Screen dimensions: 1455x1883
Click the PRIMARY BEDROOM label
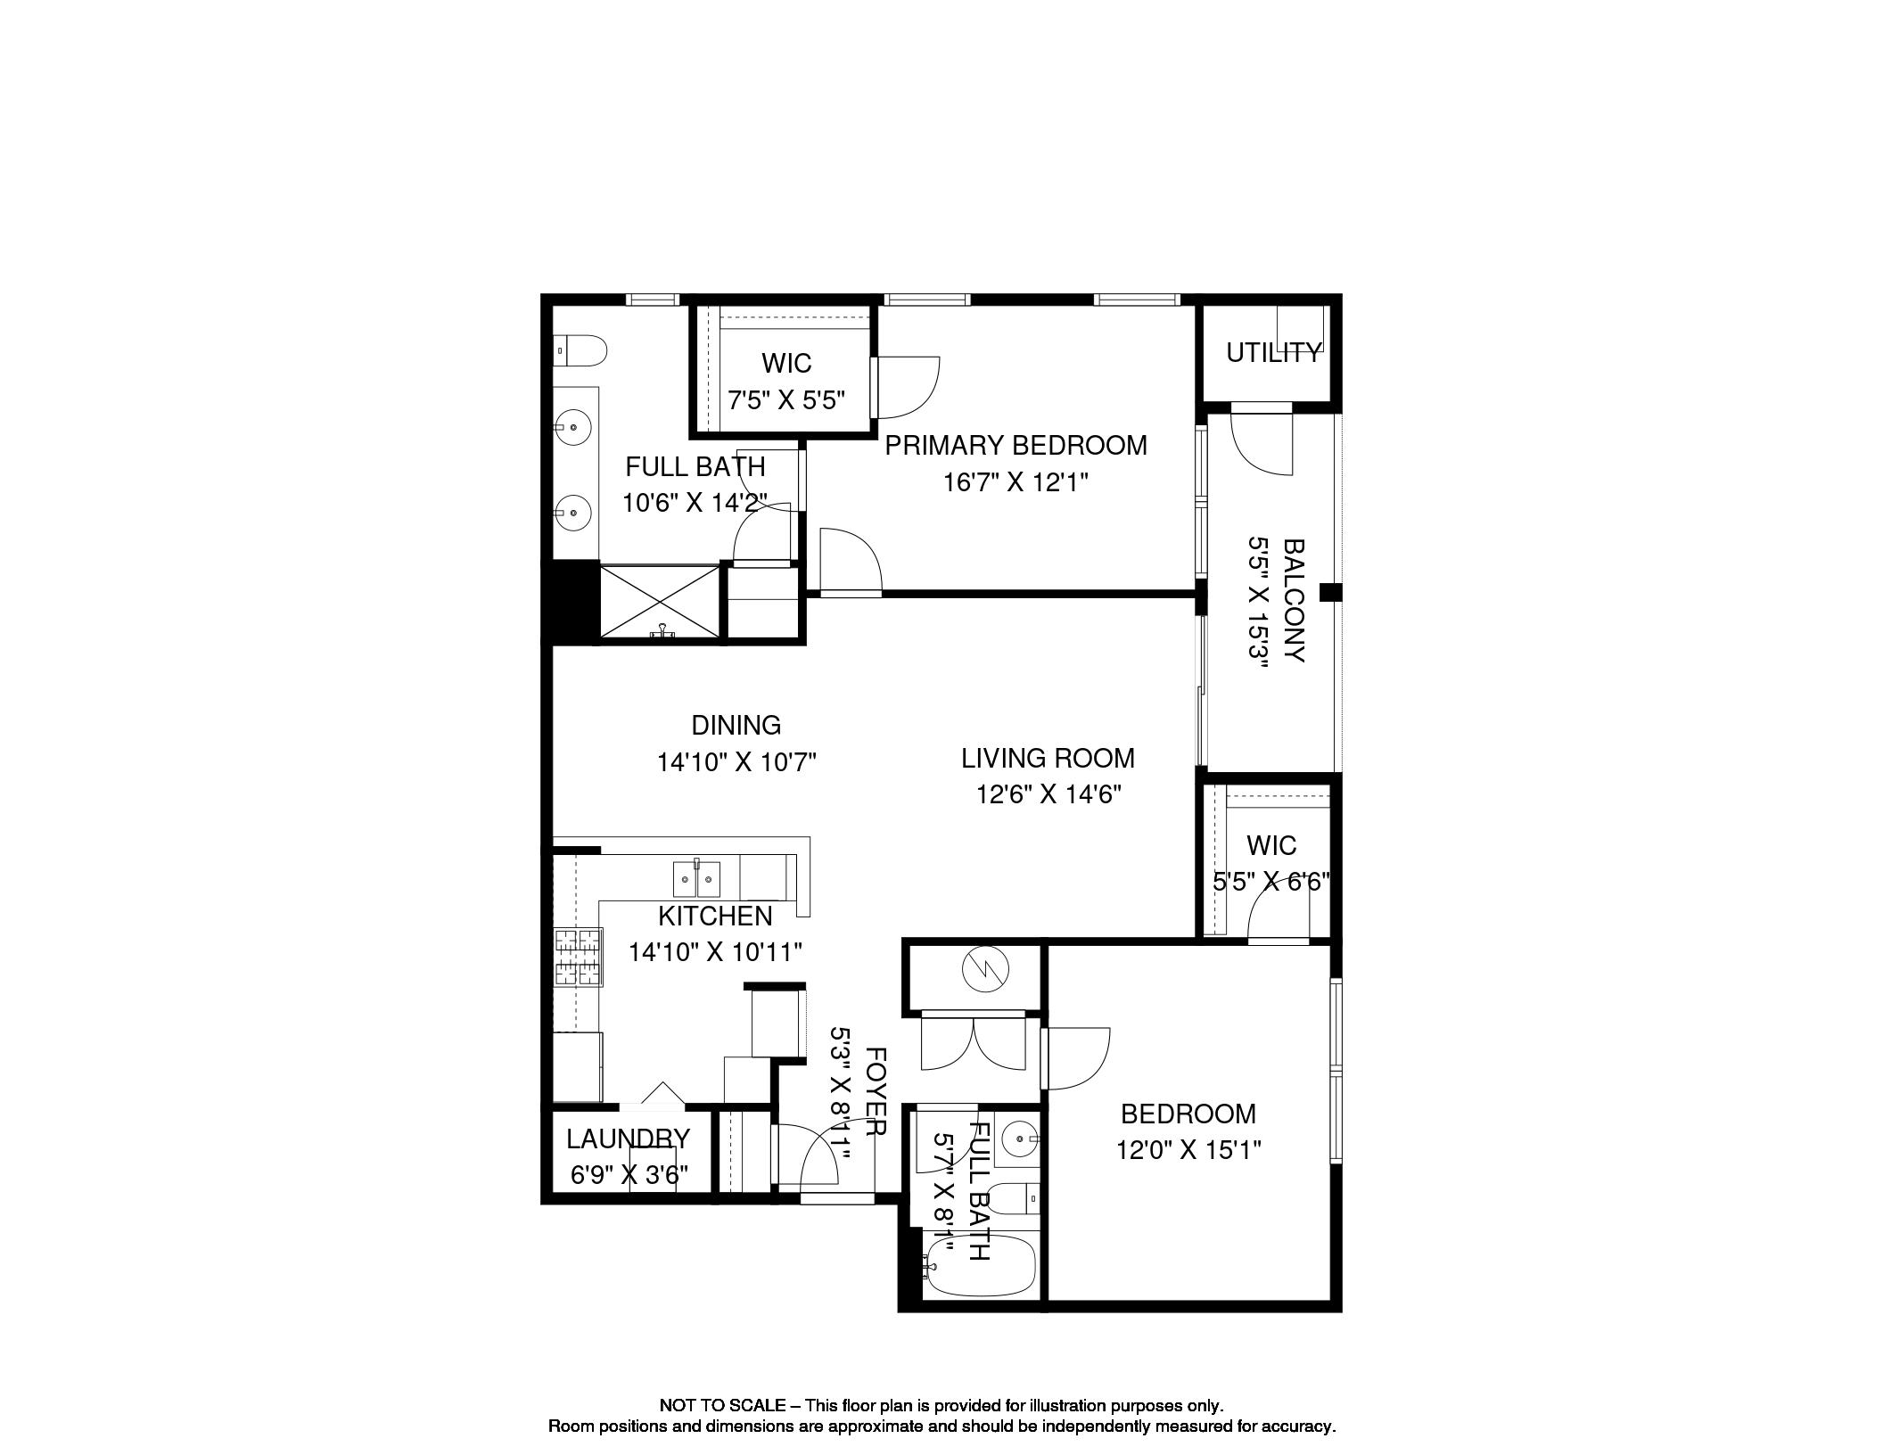[x=1016, y=445]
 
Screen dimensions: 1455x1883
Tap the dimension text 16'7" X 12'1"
[x=1016, y=482]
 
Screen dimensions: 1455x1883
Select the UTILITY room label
[x=1273, y=353]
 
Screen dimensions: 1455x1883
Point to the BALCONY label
[x=1294, y=600]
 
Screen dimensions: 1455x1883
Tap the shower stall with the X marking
[x=659, y=602]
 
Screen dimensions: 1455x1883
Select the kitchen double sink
[x=696, y=879]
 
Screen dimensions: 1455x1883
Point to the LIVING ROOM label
[x=1048, y=758]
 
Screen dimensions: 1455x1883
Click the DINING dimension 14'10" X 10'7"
[x=736, y=762]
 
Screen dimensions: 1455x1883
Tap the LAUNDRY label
[x=628, y=1139]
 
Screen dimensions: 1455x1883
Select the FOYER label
[x=876, y=1091]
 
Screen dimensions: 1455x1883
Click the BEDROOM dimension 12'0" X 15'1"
[x=1188, y=1150]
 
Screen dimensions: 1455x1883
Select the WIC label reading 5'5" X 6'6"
[x=1271, y=845]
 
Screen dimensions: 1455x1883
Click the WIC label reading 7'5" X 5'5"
[x=786, y=363]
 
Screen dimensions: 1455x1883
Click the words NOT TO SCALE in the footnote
[x=722, y=1405]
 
